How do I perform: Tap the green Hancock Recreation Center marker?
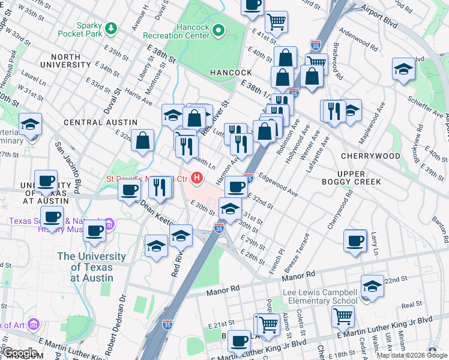218,29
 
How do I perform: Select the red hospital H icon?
196,178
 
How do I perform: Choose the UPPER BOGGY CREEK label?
359,177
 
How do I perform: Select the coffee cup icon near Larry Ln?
355,241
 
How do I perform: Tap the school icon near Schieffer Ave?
403,69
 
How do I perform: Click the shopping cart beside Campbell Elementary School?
343,316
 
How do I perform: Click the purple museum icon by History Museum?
109,225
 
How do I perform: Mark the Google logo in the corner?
20,353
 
